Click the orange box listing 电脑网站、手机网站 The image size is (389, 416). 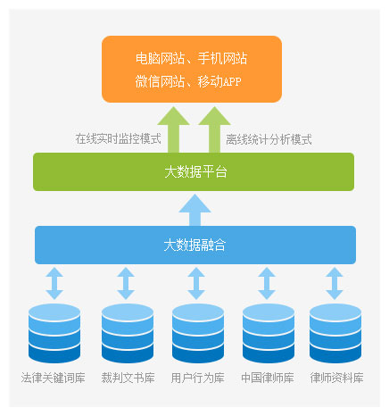click(x=192, y=69)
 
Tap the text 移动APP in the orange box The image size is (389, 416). click(x=219, y=81)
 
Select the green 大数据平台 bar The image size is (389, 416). click(x=194, y=171)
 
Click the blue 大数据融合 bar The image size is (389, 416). click(x=195, y=245)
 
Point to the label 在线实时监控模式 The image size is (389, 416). click(x=118, y=138)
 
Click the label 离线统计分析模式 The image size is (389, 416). click(x=269, y=139)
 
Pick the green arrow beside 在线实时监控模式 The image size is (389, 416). click(x=173, y=129)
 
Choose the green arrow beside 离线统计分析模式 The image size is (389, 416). click(x=214, y=129)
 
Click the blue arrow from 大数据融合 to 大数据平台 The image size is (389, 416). click(x=194, y=210)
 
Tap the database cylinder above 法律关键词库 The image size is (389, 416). click(x=54, y=333)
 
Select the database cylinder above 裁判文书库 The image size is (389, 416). click(x=128, y=333)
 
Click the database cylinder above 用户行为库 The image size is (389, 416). click(x=198, y=333)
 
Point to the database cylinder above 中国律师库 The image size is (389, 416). click(x=269, y=333)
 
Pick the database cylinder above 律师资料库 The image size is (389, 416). click(x=335, y=333)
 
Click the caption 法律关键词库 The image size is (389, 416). click(x=54, y=378)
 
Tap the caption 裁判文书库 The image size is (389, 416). click(x=128, y=378)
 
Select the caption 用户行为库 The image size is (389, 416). click(x=198, y=378)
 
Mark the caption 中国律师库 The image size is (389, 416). click(x=268, y=378)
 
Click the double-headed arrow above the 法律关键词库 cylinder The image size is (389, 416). click(x=54, y=283)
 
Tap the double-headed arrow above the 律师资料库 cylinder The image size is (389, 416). click(x=335, y=283)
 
